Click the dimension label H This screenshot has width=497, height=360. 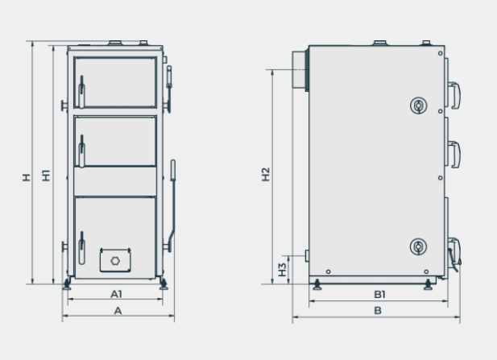pos(27,177)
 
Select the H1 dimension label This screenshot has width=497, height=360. pos(46,176)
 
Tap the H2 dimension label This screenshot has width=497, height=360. pos(266,174)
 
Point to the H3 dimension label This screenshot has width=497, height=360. pos(282,270)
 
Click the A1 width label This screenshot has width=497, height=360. pos(116,294)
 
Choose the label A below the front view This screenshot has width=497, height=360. pos(118,311)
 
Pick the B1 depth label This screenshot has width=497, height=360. pos(379,295)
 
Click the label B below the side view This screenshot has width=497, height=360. pos(378,311)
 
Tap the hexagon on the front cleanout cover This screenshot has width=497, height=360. pos(115,261)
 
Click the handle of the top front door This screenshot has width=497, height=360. pos(81,93)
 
